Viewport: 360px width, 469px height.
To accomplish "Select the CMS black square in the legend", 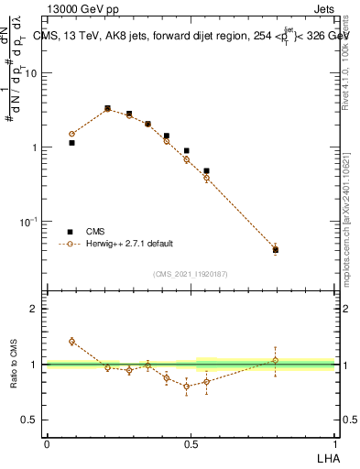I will click(71, 232).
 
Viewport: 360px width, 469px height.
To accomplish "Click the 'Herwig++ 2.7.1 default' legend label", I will click(129, 245).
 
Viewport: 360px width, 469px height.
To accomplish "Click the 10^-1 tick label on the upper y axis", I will click(30, 222).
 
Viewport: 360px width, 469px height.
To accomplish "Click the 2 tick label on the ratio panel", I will click(35, 309).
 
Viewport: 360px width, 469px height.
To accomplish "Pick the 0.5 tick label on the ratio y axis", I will click(31, 420).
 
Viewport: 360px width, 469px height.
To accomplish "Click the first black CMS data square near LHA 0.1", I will click(72, 143).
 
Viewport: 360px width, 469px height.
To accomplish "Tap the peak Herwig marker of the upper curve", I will click(107, 109).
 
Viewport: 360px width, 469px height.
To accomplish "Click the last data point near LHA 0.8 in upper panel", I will click(275, 248).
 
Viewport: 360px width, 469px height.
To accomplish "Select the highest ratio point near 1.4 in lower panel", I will click(72, 341).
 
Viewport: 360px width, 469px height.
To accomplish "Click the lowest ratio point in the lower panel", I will click(187, 386).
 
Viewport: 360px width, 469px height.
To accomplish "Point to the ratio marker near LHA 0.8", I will click(275, 360).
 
